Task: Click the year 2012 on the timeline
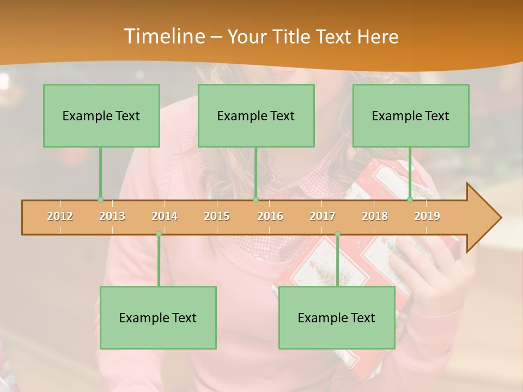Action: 60,216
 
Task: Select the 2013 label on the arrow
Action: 112,216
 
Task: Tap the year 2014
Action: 165,216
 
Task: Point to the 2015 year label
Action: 217,216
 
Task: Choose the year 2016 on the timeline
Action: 270,216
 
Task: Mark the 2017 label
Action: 323,216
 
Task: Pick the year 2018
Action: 375,216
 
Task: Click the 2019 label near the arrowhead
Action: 427,216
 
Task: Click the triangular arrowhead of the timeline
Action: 483,218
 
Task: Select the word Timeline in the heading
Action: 163,36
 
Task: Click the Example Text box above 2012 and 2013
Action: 101,115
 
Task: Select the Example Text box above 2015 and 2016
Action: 256,115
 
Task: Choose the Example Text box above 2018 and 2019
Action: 411,115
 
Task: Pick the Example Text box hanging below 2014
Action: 158,317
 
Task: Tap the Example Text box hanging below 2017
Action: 337,317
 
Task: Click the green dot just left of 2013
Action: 100,200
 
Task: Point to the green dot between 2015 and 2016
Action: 256,200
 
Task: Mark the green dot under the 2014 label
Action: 159,234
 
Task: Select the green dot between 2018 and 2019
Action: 410,200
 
